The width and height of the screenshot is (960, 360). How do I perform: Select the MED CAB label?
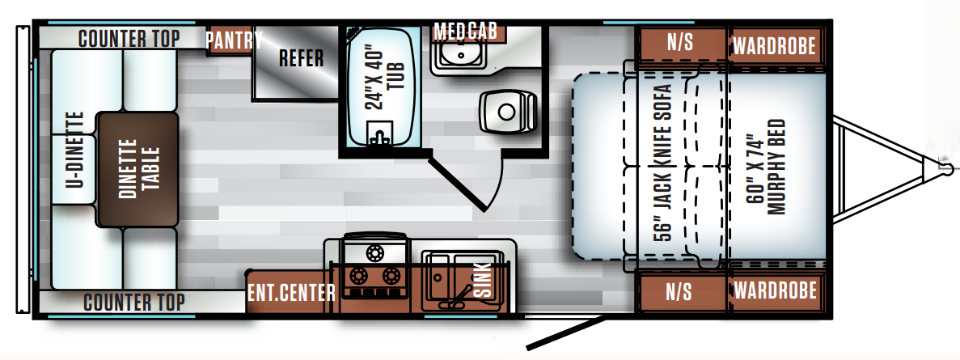coord(465,32)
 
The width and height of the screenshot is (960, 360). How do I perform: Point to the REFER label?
coord(301,58)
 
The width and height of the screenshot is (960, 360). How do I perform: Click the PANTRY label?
coord(234,40)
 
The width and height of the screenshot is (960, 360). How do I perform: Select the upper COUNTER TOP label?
coord(129,38)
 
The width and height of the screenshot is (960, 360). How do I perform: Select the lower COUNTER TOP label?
coord(133,303)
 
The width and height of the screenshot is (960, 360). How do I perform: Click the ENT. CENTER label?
coord(290,292)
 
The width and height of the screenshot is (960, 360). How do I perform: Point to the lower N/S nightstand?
coord(680,291)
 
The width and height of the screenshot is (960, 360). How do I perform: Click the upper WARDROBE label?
coord(774,45)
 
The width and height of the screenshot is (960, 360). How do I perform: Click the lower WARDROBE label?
coord(774,290)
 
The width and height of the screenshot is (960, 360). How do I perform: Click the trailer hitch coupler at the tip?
coord(942,168)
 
